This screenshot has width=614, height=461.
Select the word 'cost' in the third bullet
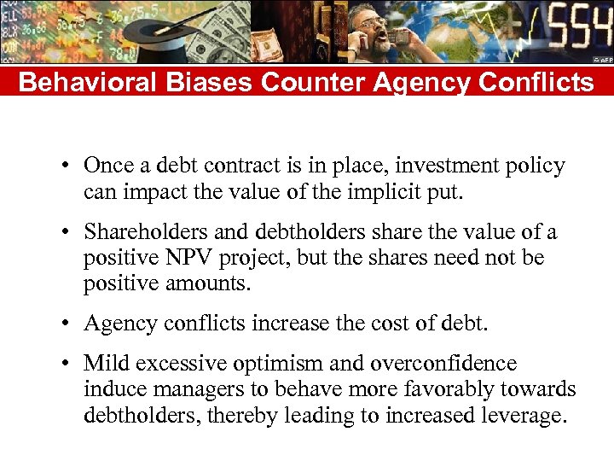(x=388, y=324)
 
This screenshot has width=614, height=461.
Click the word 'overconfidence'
(x=443, y=364)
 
